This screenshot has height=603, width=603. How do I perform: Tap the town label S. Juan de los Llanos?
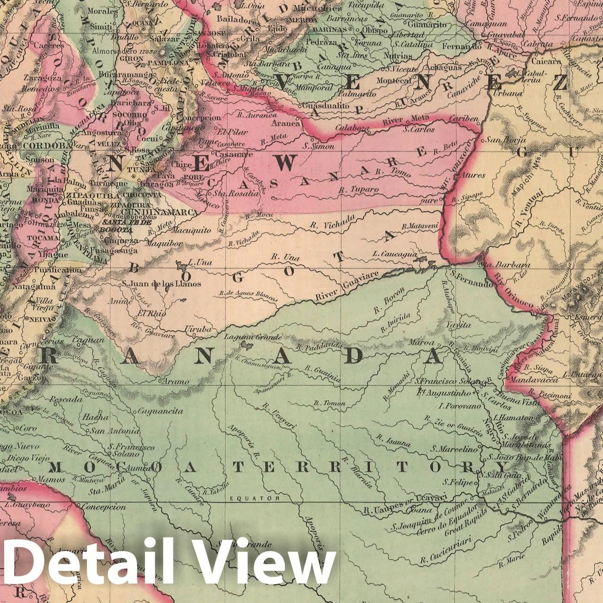tap(162, 284)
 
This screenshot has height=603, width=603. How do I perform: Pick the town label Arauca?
tap(286, 123)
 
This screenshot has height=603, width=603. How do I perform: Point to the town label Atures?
tap(473, 175)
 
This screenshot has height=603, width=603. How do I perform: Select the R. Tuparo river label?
tap(359, 190)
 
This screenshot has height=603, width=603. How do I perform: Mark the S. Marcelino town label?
tap(454, 448)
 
